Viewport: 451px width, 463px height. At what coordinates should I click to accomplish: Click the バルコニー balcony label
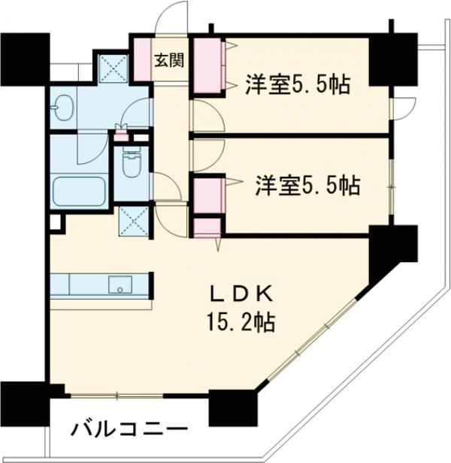[129, 430]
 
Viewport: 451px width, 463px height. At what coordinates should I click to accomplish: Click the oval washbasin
[62, 107]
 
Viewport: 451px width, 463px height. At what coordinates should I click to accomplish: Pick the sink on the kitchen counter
[120, 285]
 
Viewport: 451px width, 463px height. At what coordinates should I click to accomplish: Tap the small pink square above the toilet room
[121, 136]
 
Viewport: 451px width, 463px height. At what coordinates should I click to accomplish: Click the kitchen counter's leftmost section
[59, 285]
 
